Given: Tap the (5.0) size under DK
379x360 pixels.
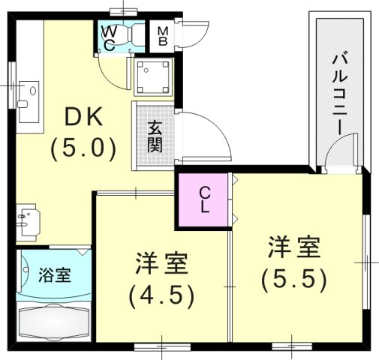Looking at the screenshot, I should tap(83, 148).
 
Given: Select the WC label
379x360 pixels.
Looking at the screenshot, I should tap(110, 37).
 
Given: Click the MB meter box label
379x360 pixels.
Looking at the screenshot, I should tap(162, 36).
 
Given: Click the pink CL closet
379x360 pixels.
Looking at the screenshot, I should tap(204, 199).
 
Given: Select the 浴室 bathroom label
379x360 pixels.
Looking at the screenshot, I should tap(54, 274).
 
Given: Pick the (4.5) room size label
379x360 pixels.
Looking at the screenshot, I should tap(162, 295).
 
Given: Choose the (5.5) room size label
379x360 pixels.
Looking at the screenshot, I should tap(294, 279).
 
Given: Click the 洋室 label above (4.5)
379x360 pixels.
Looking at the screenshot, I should tap(162, 265).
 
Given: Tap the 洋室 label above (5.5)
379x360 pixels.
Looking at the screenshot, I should tap(294, 247).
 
